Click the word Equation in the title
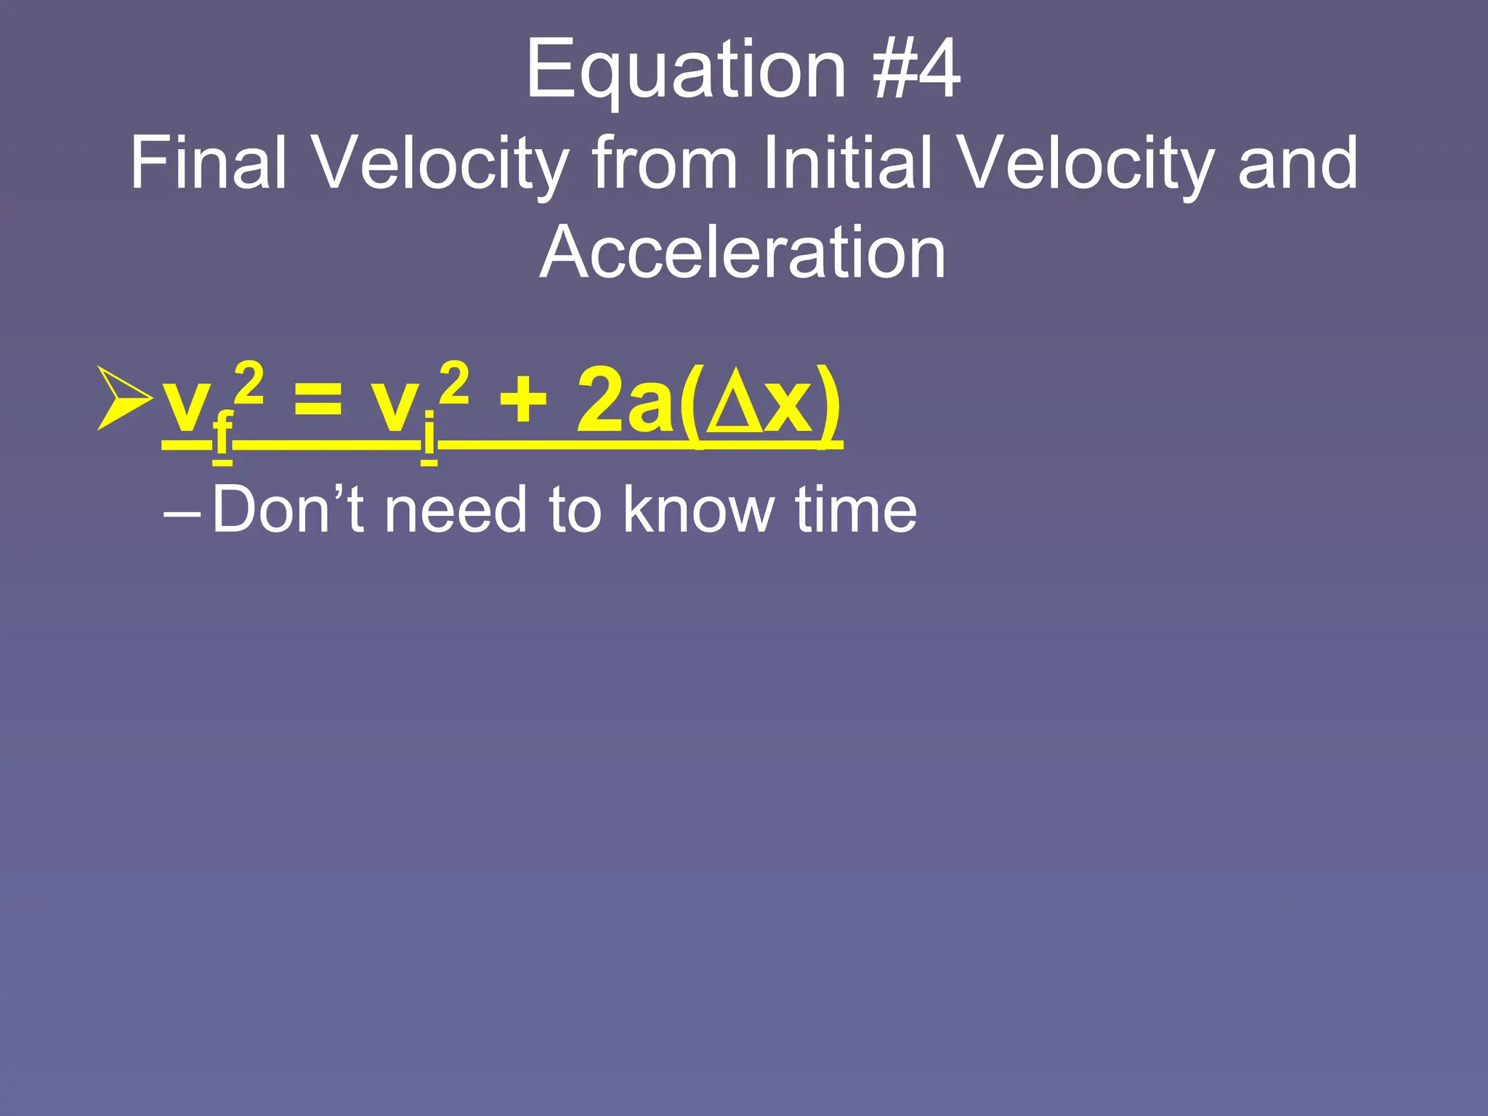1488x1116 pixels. (x=686, y=70)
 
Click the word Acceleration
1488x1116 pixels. (x=743, y=252)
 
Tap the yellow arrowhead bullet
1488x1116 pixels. (x=124, y=398)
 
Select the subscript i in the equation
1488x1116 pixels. (x=429, y=434)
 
